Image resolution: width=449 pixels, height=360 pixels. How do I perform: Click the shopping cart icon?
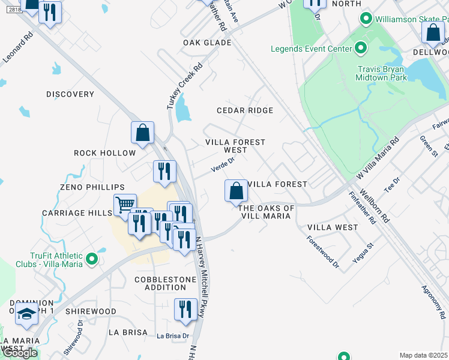[x=124, y=205]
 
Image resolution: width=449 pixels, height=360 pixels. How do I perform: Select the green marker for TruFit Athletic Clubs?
[x=91, y=259]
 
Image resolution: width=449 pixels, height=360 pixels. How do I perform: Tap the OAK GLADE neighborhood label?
[x=208, y=43]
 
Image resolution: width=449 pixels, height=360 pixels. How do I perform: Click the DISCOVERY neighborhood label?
[x=70, y=94]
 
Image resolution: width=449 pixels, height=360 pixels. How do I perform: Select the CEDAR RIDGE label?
[x=245, y=110]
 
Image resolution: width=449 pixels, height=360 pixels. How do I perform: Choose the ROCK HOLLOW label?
[x=105, y=153]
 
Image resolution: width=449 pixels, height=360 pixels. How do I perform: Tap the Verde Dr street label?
[x=222, y=164]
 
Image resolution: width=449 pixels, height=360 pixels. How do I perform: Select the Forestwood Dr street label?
[x=322, y=250]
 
